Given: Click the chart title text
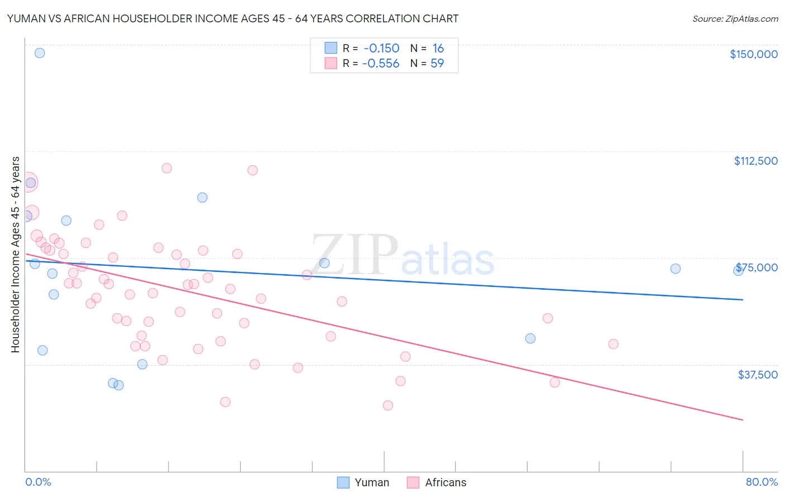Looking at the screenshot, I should (x=232, y=18).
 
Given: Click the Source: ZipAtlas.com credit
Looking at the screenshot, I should (x=735, y=18).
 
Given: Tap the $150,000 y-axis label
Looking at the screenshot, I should (x=753, y=54).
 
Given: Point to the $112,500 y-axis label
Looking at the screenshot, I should (x=755, y=161).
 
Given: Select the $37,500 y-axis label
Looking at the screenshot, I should (x=757, y=375).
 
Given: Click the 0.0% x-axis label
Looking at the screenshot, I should (x=38, y=482).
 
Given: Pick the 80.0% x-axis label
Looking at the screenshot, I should (x=762, y=482).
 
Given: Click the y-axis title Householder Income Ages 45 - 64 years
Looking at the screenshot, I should (x=15, y=255).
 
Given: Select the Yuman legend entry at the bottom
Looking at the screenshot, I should (x=363, y=482).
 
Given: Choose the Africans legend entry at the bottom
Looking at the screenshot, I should (x=437, y=482).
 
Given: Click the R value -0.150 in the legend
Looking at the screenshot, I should (x=381, y=49).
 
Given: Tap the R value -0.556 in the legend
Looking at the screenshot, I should (x=381, y=63).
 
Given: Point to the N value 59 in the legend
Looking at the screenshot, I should (x=437, y=63).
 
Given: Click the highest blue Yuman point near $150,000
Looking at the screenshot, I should (x=40, y=53).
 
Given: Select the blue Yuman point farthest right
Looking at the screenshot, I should (x=738, y=270).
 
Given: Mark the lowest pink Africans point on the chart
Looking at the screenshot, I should (x=388, y=405).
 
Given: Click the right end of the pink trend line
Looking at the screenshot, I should (x=743, y=419).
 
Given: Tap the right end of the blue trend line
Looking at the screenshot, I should (x=743, y=300).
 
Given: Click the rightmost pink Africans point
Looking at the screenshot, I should (x=613, y=344).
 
